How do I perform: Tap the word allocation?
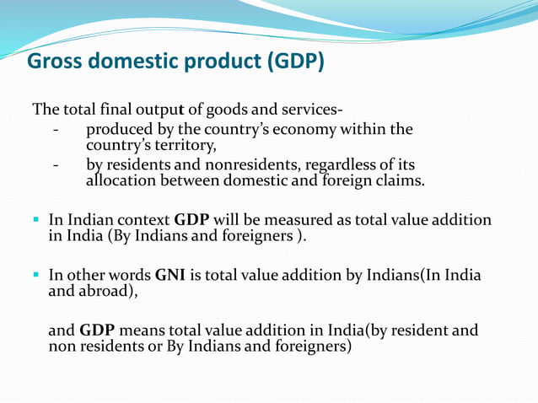coord(122,180)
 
